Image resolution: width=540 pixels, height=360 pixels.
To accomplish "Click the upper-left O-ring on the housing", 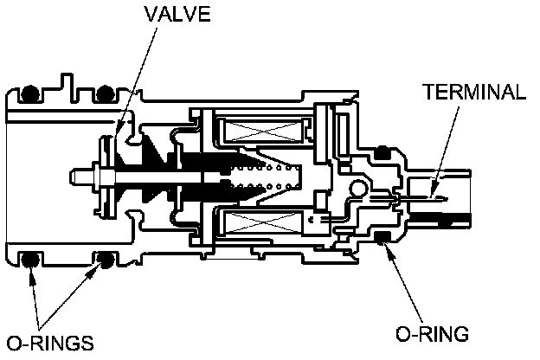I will point(31,92).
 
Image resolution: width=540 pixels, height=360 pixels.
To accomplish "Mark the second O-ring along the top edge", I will point(106,92).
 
